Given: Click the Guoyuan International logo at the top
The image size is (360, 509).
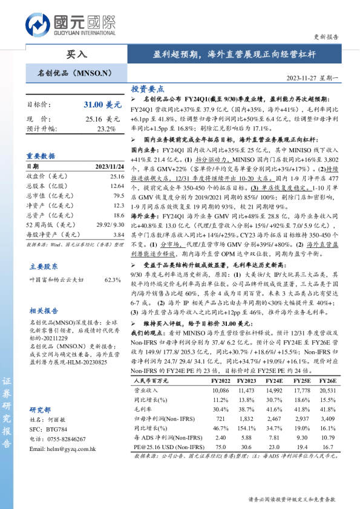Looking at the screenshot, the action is tap(70, 25).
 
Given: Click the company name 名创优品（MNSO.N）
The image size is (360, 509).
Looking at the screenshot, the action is tap(76, 73).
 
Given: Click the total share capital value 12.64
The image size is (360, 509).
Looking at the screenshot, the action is tap(117, 186).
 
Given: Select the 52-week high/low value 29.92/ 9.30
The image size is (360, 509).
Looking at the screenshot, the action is tap(109, 225).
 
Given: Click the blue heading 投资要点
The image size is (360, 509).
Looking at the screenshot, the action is tap(148, 88).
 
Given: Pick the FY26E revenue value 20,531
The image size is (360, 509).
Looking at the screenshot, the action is tap(328, 391).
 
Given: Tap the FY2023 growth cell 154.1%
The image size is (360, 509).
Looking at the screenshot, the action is tap(246, 427).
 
